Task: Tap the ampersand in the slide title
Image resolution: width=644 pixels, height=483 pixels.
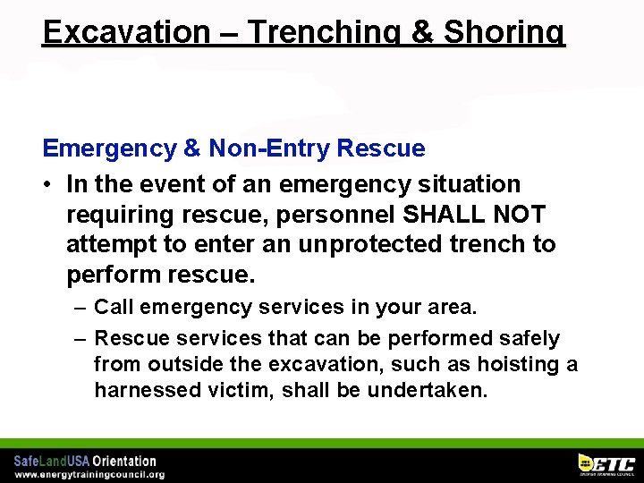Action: pos(419,31)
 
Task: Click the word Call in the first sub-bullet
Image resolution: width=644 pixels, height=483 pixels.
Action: pos(114,307)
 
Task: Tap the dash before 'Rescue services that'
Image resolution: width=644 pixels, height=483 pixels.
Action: pos(80,338)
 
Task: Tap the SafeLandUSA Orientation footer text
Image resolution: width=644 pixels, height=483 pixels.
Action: pos(85,461)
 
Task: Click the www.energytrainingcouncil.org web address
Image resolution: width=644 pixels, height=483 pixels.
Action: pos(89,474)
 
